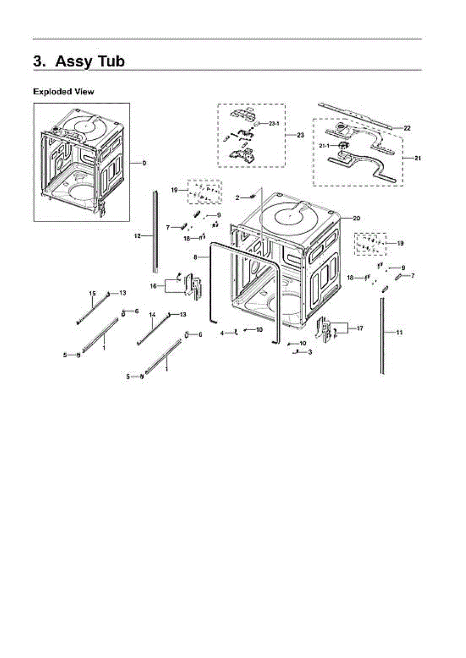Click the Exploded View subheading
(x=63, y=92)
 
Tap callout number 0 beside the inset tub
(x=144, y=163)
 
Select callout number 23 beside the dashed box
(x=300, y=135)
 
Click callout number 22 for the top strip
(x=407, y=128)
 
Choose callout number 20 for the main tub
(x=356, y=218)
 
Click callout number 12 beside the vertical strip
(x=137, y=236)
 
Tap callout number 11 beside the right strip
(x=399, y=332)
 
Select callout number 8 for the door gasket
(x=195, y=257)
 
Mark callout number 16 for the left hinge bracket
(x=154, y=286)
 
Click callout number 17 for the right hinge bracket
(x=360, y=328)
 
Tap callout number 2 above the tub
(x=237, y=197)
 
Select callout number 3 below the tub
(x=310, y=351)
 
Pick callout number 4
(x=222, y=333)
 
